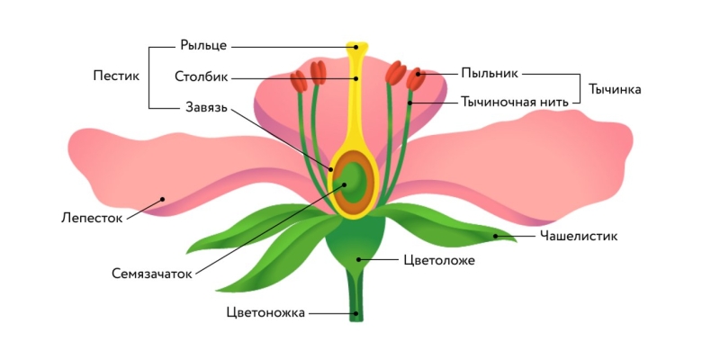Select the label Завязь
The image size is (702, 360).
click(x=204, y=108)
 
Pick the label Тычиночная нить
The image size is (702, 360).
click(x=514, y=102)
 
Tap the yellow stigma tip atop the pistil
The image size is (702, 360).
click(x=357, y=45)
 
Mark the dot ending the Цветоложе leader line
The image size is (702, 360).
click(x=358, y=260)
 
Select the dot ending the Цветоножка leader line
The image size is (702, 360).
click(x=356, y=313)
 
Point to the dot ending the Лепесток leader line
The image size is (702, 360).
click(x=162, y=200)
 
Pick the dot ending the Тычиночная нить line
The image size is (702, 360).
click(x=409, y=103)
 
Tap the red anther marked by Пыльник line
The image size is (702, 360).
click(x=414, y=77)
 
